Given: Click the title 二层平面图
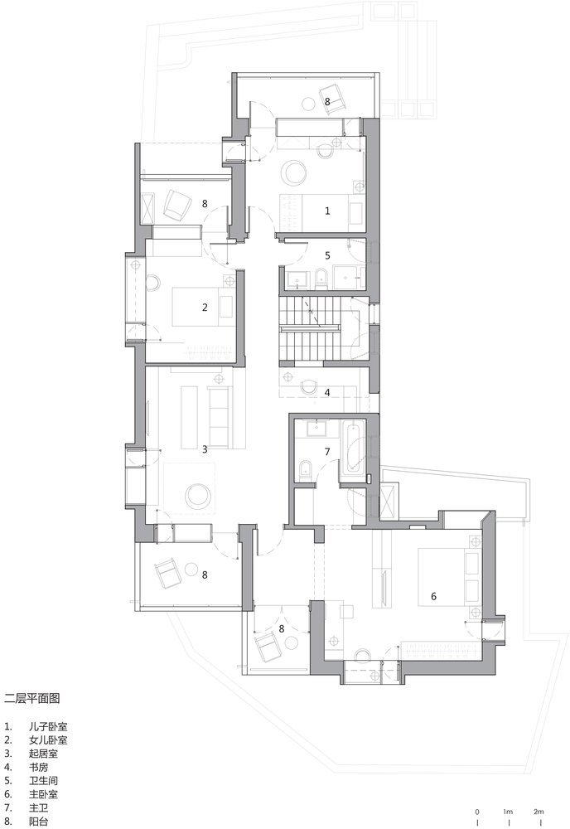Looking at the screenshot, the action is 31,698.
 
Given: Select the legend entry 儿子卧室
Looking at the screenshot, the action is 48,727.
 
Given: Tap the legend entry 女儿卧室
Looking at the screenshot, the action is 48,740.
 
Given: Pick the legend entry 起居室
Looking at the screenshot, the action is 43,754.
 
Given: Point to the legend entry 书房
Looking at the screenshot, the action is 39,767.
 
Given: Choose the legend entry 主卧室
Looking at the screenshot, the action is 43,794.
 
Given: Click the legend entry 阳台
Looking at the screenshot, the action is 39,822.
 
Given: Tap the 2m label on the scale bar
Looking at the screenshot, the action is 539,812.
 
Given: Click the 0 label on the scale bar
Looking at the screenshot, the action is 477,812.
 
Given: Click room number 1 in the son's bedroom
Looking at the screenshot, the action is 327,211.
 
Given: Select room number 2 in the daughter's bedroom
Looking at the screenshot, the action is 205,308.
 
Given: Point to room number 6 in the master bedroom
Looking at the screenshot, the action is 433,596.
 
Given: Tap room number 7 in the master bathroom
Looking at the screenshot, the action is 327,452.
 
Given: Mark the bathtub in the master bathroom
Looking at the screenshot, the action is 353,447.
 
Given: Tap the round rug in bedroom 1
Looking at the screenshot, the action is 294,173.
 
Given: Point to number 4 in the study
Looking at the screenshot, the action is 327,392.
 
